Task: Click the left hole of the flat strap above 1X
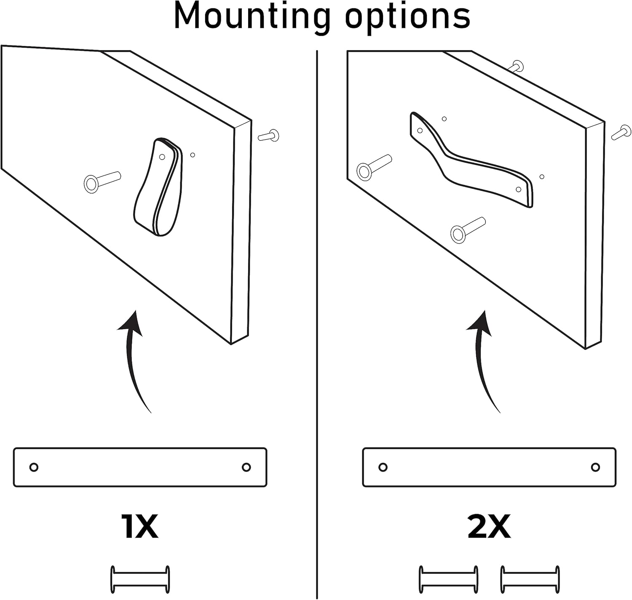[x=34, y=467]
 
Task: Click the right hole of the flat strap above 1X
[x=246, y=467]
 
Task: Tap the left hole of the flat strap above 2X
[x=383, y=467]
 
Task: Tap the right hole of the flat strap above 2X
[x=595, y=467]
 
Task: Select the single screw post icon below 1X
[x=140, y=579]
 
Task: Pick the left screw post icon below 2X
[x=448, y=579]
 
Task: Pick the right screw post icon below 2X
[x=530, y=579]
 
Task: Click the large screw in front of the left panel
[x=102, y=182]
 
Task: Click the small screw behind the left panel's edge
[x=269, y=136]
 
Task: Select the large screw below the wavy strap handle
[x=468, y=230]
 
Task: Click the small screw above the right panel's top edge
[x=516, y=66]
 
